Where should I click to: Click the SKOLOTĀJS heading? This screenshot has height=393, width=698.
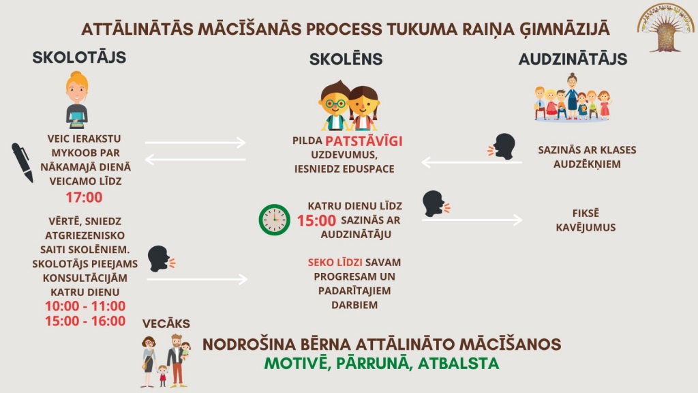coord(79,57)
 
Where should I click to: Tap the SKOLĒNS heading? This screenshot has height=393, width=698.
coord(346,59)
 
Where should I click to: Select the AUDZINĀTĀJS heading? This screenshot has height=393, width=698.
coord(573,59)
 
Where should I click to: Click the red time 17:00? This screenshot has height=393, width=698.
coord(84,197)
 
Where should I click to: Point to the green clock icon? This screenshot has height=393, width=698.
coord(274,220)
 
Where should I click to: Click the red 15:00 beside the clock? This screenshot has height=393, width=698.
coord(316,220)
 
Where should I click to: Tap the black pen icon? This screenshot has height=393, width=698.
coord(22,162)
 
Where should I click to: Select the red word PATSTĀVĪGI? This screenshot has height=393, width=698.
coord(364,141)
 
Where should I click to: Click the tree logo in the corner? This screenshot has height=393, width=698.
coord(666,27)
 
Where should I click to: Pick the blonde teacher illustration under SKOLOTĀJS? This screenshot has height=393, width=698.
coord(77,100)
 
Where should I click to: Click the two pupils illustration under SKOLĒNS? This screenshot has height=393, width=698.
coord(348,106)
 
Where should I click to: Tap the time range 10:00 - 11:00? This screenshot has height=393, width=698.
coord(85,306)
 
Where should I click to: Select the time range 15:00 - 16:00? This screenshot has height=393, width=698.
coord(85,321)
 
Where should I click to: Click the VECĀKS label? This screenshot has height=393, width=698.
coord(166,323)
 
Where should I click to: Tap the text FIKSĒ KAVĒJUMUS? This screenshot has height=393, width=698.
coord(586,220)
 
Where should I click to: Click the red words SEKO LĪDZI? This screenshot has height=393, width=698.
coord(335,263)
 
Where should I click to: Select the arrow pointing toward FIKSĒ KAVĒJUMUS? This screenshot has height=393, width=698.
coord(472,220)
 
